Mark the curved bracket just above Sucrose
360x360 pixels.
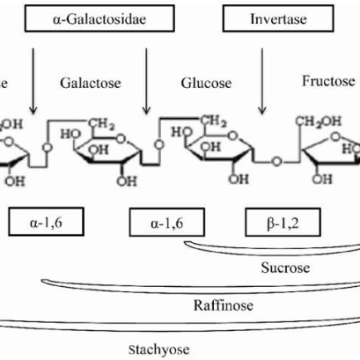pyautogui.click(x=273, y=246)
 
